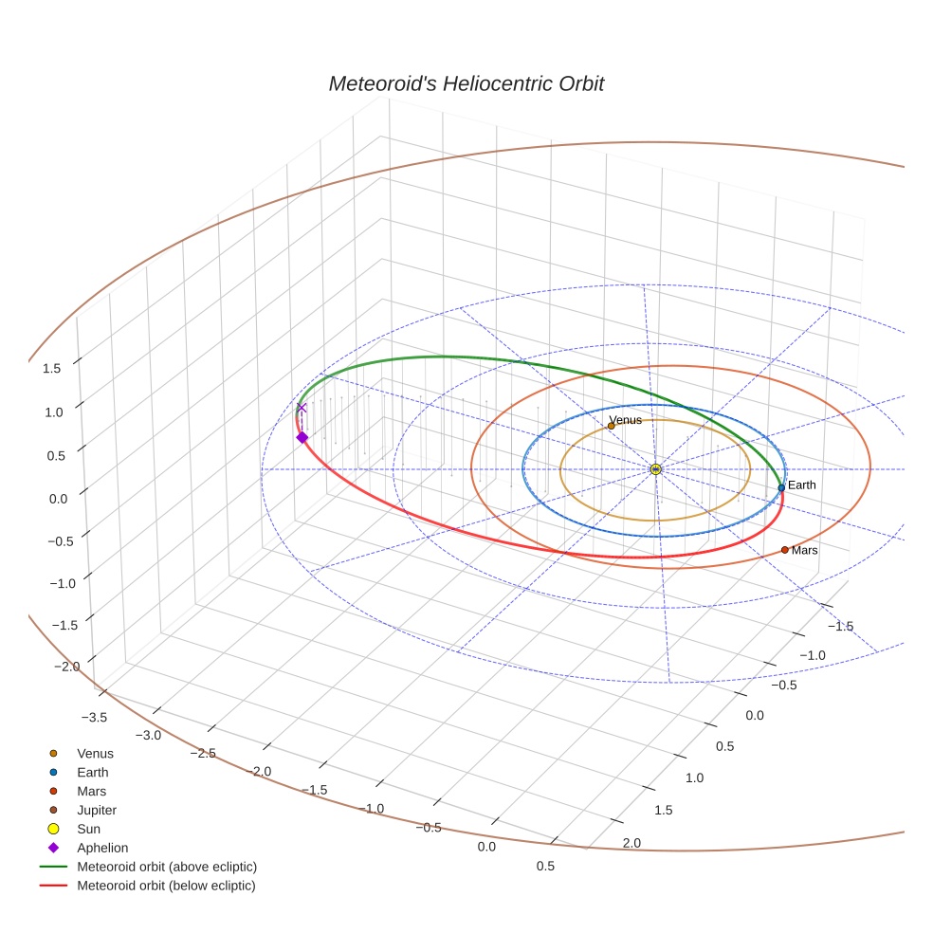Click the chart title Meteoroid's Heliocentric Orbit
tap(466, 84)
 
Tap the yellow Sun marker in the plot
tap(655, 469)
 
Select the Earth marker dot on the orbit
tap(781, 487)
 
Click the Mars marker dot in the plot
tap(785, 550)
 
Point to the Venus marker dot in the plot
tap(611, 426)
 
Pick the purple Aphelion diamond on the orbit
tap(302, 437)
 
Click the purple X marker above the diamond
tap(302, 408)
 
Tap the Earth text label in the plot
tap(802, 485)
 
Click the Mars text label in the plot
tap(805, 551)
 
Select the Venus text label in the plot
tap(626, 420)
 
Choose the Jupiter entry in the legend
tap(97, 810)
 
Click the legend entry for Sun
tap(88, 829)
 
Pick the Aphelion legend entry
tap(102, 848)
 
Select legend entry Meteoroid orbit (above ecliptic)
tap(167, 867)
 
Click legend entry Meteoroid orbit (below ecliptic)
tap(166, 886)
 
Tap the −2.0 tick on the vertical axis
tap(67, 667)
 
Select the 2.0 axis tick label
tap(631, 843)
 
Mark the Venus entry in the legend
tap(95, 754)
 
